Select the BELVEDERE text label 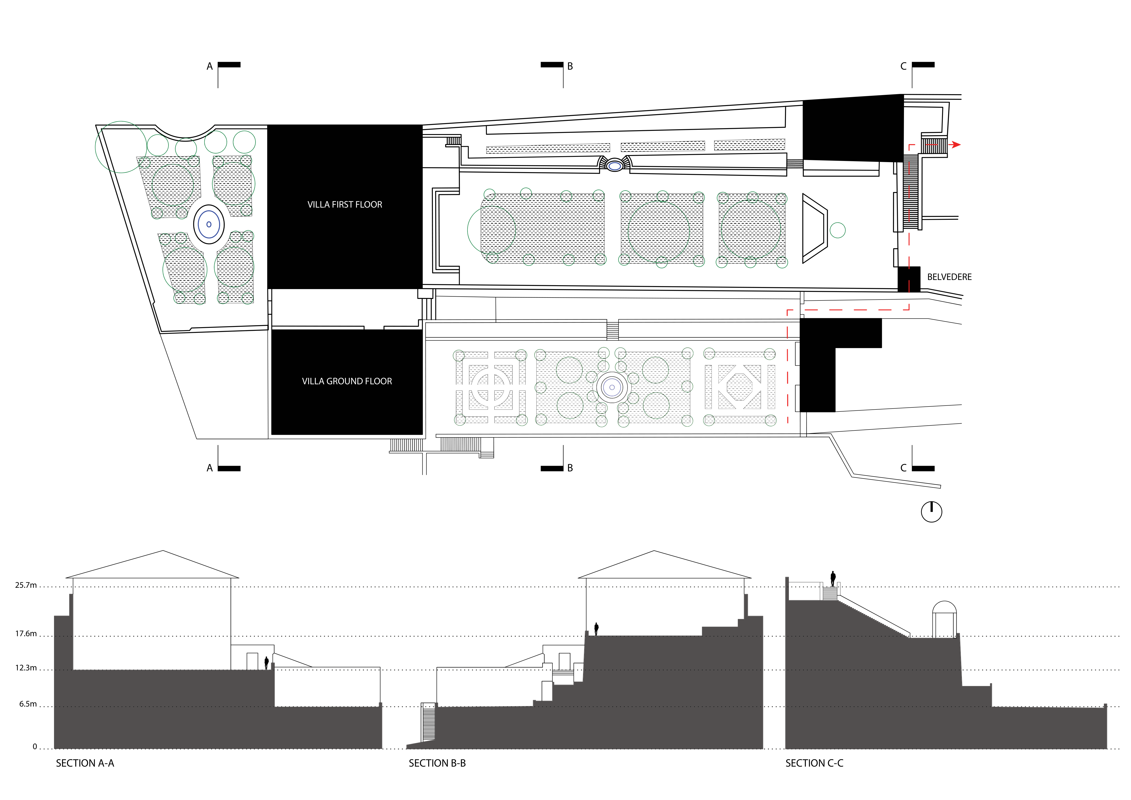pyautogui.click(x=949, y=277)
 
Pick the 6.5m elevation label pyautogui.click(x=28, y=704)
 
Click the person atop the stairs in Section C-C pyautogui.click(x=833, y=579)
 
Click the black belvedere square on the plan pyautogui.click(x=908, y=279)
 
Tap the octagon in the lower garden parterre pyautogui.click(x=739, y=387)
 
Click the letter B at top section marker pyautogui.click(x=570, y=66)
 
